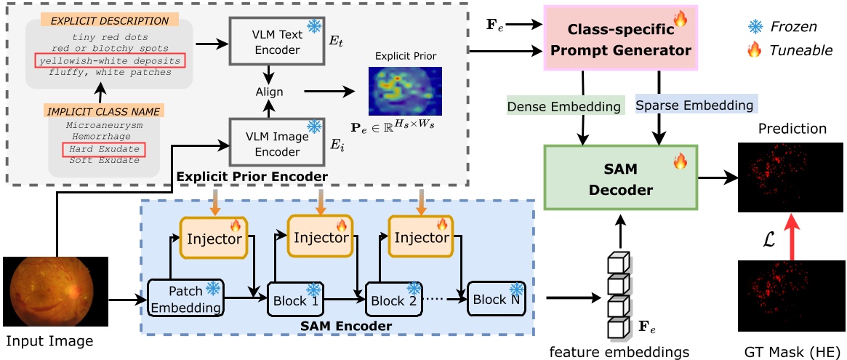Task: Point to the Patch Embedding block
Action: coord(185,298)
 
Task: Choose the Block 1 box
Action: coord(295,299)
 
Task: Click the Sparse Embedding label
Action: coord(694,105)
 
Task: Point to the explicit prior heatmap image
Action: coord(400,89)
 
